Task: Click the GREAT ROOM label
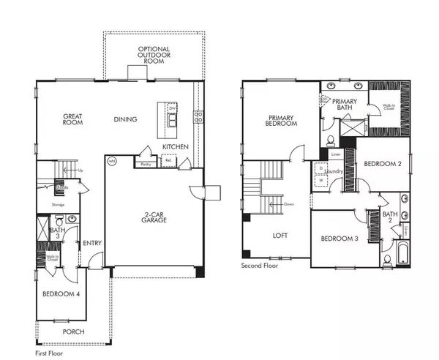click(x=71, y=119)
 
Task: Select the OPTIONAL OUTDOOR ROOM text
click(x=154, y=54)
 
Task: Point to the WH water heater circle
click(x=112, y=160)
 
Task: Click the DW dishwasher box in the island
click(x=173, y=109)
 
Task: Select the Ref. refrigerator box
click(x=169, y=163)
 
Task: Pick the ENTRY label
click(x=91, y=244)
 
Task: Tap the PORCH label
click(x=74, y=331)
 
